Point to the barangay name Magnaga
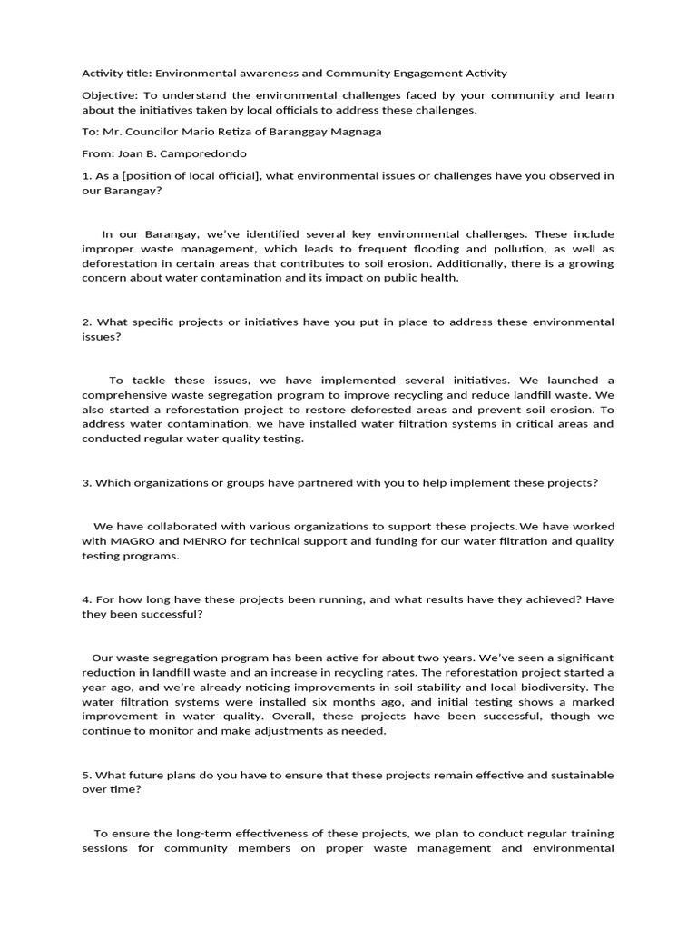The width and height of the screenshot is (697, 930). coord(354,132)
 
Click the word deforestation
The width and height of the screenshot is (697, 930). coord(119,263)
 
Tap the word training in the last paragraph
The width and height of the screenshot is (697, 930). coord(591,834)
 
